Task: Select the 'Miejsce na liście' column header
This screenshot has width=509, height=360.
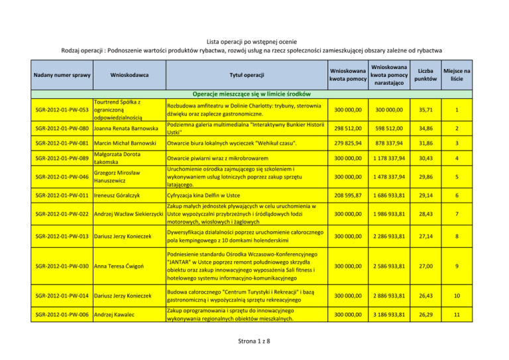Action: pos(457,75)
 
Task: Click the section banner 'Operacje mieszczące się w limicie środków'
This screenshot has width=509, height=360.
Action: pos(254,93)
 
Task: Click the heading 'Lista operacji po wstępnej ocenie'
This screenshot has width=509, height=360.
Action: pos(254,40)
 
